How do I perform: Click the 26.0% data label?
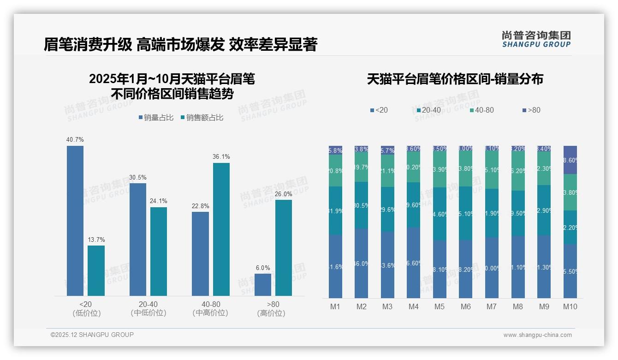(x=283, y=194)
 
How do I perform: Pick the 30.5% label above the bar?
(x=137, y=178)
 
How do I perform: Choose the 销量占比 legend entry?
(x=156, y=118)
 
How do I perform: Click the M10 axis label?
(x=570, y=306)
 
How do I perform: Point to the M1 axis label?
(x=335, y=306)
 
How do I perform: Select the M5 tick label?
(x=440, y=306)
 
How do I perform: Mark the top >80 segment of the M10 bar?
(x=570, y=160)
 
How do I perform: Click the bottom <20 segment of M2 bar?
(x=362, y=263)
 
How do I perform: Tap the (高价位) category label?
(x=271, y=313)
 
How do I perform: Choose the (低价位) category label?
(x=86, y=313)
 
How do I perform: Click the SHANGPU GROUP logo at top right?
(x=536, y=39)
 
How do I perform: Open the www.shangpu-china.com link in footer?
(x=537, y=335)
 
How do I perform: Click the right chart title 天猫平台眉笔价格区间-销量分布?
(x=455, y=79)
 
